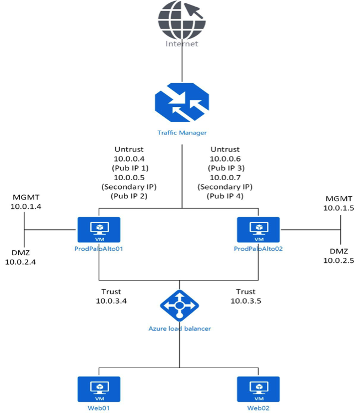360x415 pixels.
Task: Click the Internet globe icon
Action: tap(182, 19)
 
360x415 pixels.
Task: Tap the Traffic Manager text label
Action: tap(181, 132)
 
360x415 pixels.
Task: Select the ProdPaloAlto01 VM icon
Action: tap(99, 230)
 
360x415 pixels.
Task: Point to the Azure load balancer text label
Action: tap(180, 328)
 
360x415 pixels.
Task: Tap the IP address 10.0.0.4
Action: tap(130, 158)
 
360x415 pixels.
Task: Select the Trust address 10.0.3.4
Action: tap(112, 301)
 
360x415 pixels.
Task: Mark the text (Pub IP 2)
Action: tap(130, 196)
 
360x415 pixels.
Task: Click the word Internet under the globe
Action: tap(181, 44)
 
